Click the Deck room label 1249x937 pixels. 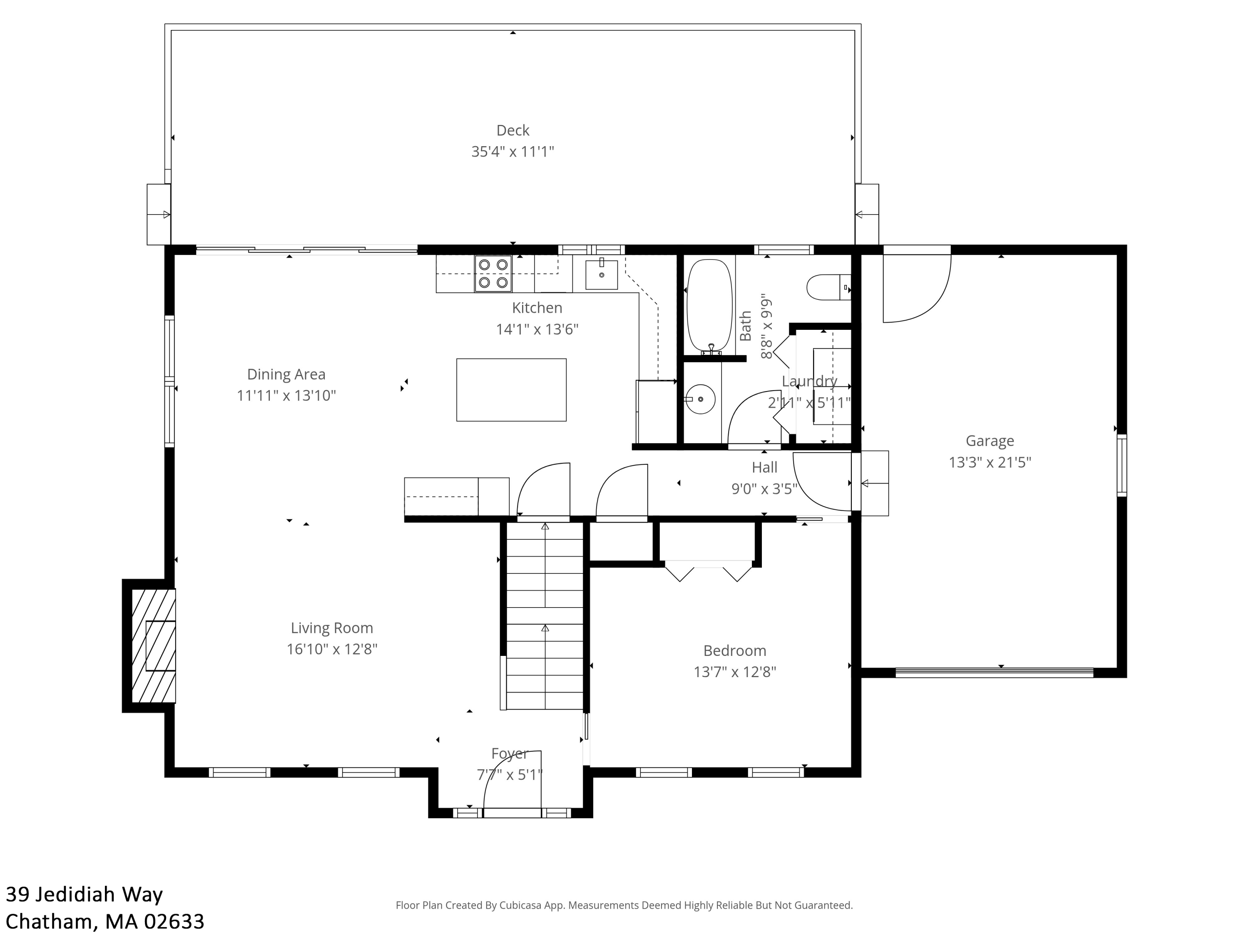coord(513,130)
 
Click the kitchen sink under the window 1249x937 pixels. coord(601,274)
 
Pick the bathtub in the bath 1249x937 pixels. coord(710,306)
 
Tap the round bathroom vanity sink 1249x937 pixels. coord(700,399)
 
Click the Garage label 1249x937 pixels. coord(990,441)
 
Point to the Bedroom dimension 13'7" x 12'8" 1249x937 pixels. coord(734,672)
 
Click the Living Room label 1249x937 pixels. coord(332,628)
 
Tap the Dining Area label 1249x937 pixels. coord(286,374)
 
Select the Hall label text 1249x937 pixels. coord(764,467)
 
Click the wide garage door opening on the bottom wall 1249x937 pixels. coord(994,673)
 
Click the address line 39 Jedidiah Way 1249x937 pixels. coord(84,894)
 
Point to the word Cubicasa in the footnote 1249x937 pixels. coord(520,905)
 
